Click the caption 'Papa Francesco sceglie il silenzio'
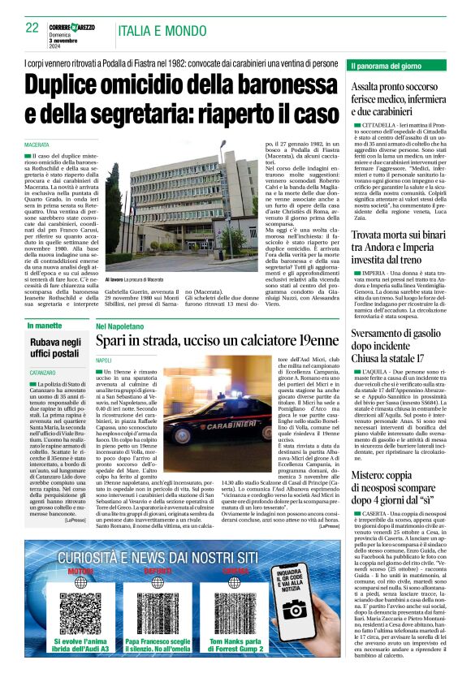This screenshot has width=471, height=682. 158,645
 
